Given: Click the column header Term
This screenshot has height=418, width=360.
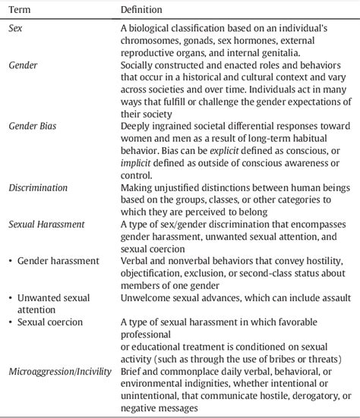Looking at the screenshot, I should [x=20, y=9].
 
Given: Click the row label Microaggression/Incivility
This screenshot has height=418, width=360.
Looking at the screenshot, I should [x=60, y=371].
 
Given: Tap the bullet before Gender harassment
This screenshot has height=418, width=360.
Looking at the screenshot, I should [x=11, y=260].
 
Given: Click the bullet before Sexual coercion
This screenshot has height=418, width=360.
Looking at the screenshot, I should [x=11, y=322].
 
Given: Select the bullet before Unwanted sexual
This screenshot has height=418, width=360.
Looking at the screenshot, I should [x=11, y=297].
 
